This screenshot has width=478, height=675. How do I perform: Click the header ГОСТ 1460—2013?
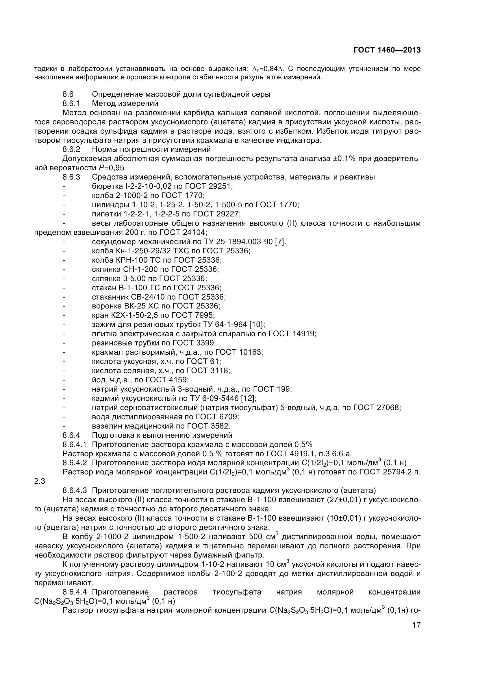tap(387, 50)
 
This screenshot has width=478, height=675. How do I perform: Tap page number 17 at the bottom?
tap(416, 633)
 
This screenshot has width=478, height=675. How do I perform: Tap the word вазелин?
tap(107, 426)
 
